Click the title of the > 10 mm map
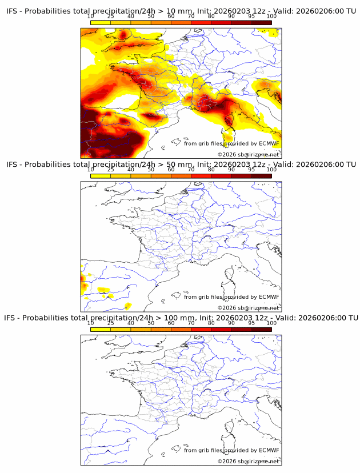[180, 11]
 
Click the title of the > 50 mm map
[180, 165]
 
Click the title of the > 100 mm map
[180, 318]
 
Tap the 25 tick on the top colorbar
[110, 17]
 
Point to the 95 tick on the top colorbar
[251, 17]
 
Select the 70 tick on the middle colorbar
[191, 170]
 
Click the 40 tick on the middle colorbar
[131, 170]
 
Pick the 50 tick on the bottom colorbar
[151, 323]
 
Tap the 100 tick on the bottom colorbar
[271, 323]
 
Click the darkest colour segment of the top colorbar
[261, 22]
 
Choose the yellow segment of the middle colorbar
[101, 175]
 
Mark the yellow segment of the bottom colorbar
[101, 328]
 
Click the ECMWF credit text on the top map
[231, 143]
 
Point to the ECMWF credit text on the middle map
[231, 296]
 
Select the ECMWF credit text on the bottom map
[231, 450]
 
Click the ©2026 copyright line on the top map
[249, 154]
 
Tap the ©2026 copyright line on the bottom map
[249, 461]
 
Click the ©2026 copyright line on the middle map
[249, 307]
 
